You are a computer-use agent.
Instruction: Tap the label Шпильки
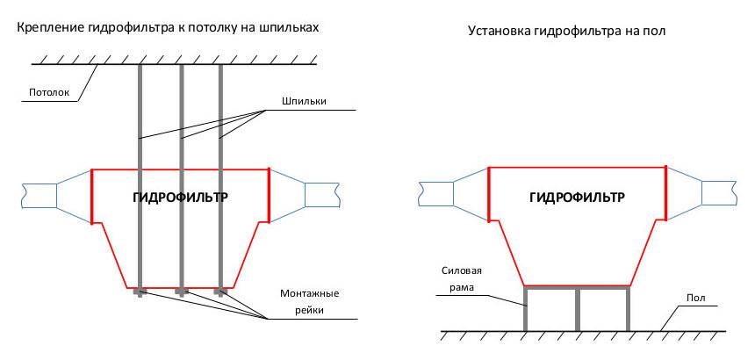(304, 101)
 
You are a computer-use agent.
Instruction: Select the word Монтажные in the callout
(310, 293)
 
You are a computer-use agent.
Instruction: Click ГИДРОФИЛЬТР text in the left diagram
(180, 198)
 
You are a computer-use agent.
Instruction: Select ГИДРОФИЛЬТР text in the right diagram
(577, 198)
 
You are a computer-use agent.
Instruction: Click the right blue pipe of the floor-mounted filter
(718, 193)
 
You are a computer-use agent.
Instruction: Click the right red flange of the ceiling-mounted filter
(269, 195)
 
